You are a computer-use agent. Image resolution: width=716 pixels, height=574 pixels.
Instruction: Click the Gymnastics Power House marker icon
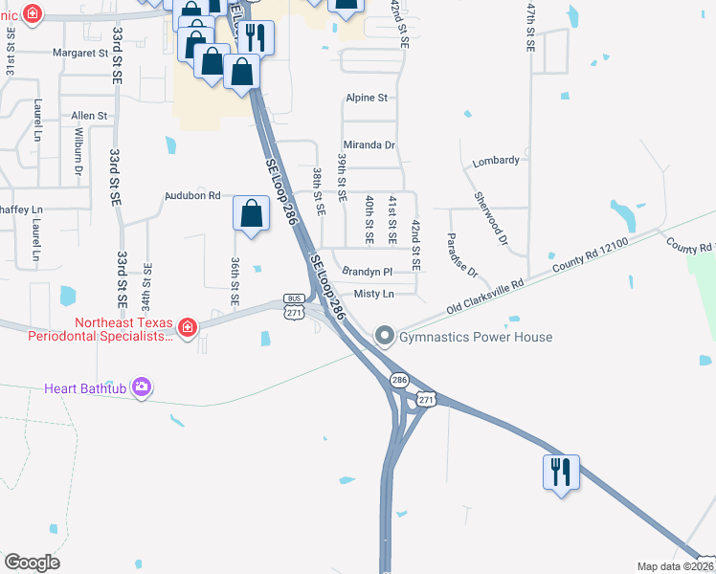tap(385, 336)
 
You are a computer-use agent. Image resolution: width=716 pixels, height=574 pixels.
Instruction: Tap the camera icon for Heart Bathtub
tap(143, 387)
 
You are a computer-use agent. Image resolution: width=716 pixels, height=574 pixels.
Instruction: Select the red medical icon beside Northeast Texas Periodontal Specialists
tap(188, 328)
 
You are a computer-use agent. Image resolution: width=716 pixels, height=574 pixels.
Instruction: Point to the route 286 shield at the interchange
tap(399, 381)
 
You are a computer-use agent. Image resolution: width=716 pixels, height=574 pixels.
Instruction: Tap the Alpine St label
tap(367, 98)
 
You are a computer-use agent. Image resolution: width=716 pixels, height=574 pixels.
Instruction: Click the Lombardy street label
tap(496, 161)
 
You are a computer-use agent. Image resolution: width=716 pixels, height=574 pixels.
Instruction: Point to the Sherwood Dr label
tap(491, 218)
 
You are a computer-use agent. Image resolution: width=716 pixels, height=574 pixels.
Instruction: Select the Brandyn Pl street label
tap(368, 272)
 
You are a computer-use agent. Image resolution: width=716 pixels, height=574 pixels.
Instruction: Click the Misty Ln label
tap(373, 294)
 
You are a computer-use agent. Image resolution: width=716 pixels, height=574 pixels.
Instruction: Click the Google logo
tap(32, 562)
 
